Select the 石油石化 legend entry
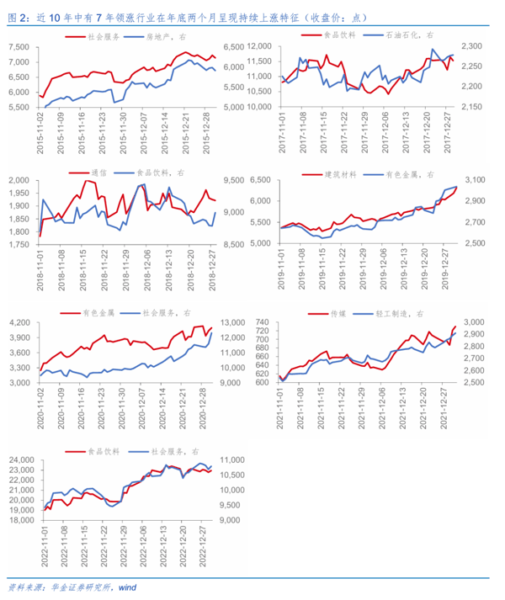(x=407, y=36)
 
